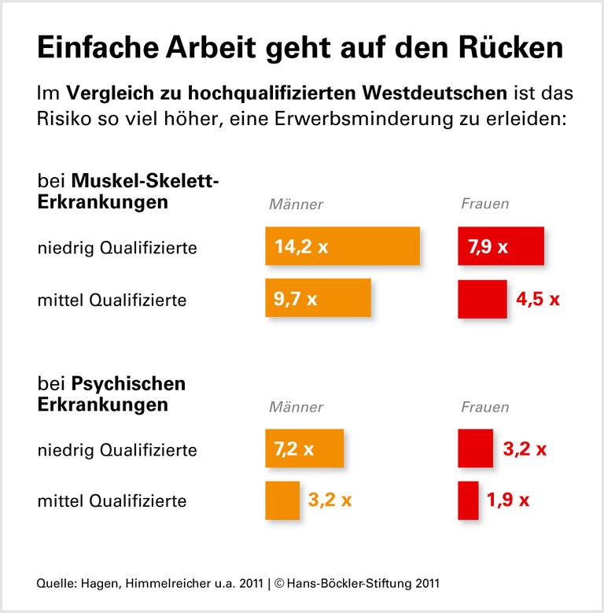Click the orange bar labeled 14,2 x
point(342,246)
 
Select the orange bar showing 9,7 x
point(318,298)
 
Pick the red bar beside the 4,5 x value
point(482,298)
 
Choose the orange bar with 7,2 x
point(304,449)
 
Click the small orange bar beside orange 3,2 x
point(282,500)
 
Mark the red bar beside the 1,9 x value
point(468,500)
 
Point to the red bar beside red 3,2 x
point(475,449)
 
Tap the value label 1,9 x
point(508,500)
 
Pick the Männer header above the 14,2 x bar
point(296,205)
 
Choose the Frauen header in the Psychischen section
point(484,407)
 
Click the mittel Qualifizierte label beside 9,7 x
point(112,300)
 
